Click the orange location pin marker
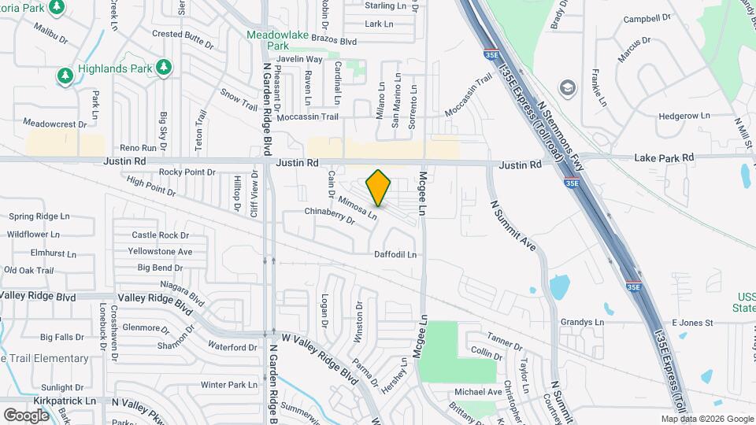(x=379, y=187)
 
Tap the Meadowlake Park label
(x=280, y=40)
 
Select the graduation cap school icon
(x=566, y=87)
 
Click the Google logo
(x=26, y=416)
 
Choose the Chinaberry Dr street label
(x=330, y=216)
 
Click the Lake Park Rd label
(x=665, y=158)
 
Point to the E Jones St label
(x=691, y=323)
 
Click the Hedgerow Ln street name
(x=684, y=116)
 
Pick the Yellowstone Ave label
(x=161, y=252)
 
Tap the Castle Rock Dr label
(x=161, y=235)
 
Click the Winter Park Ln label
(x=228, y=385)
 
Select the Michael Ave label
(x=478, y=392)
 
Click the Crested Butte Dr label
(x=178, y=34)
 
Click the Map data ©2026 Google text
(x=706, y=419)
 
